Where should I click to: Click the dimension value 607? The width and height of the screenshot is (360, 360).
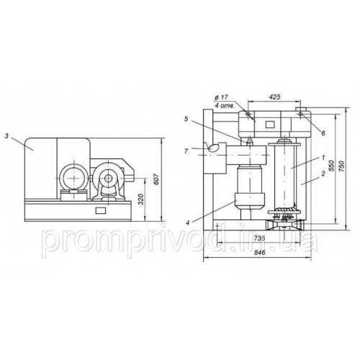(156, 179)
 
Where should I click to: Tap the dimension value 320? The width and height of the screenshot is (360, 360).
(141, 199)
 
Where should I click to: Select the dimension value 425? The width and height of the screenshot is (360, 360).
(274, 96)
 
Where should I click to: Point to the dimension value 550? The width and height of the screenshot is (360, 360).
(331, 166)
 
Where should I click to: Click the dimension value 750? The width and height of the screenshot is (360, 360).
(342, 166)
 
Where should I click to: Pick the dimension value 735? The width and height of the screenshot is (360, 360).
(259, 238)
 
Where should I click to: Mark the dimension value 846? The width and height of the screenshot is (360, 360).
(259, 253)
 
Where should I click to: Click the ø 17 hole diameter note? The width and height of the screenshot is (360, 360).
(221, 97)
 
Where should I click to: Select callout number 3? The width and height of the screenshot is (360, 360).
(6, 136)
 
